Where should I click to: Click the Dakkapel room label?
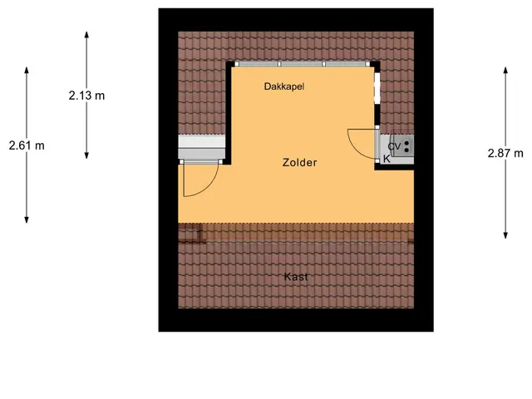coord(284,86)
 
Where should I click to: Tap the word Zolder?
coord(299,163)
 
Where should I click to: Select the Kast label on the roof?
coord(296,277)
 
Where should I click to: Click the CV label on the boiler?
coord(394,146)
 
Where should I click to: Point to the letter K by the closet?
coord(387,159)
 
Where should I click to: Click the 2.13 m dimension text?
coord(86,96)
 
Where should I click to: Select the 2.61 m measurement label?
coord(27,145)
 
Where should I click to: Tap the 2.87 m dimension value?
coord(505,153)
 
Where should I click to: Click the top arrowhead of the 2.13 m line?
coord(86,34)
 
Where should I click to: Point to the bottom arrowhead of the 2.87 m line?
coord(505,235)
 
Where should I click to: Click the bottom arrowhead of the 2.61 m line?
coord(27,220)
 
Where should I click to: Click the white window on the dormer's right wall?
coord(377,88)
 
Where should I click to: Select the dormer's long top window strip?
coord(302,64)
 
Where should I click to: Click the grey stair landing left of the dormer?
coord(201,146)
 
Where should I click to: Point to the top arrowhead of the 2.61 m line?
coord(27,70)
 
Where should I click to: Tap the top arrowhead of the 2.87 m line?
coord(505,70)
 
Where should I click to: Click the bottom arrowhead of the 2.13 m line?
coord(86,155)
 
